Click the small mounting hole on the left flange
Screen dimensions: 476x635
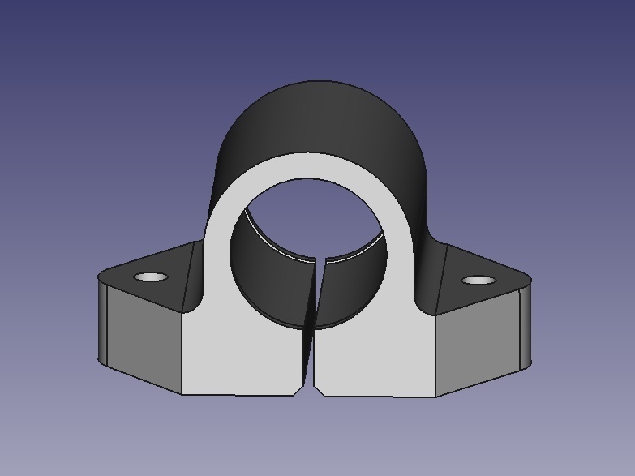coord(150,277)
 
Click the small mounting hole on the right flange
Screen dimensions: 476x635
coord(478,281)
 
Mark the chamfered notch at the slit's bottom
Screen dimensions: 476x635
coord(312,388)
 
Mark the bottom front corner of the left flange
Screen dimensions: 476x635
coord(181,394)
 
